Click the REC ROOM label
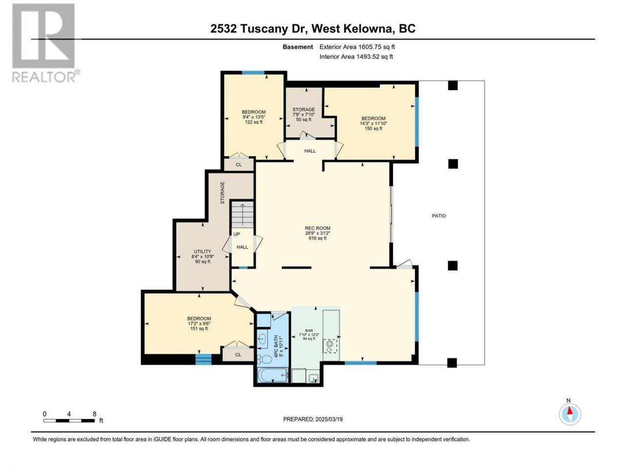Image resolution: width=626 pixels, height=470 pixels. point(317,228)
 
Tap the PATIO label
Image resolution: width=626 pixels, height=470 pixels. point(439,216)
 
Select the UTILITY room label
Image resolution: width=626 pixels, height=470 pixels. point(202,252)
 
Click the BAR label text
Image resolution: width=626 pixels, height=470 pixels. point(309,330)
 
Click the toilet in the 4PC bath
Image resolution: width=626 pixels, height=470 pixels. point(264,359)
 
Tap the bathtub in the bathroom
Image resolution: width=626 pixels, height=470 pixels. point(272,375)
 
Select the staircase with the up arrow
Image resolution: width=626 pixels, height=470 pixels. point(242,214)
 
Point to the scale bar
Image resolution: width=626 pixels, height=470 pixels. point(69,421)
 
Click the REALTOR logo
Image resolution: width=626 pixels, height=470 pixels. point(45,43)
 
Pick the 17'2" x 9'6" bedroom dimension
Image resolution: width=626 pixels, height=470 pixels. point(199,323)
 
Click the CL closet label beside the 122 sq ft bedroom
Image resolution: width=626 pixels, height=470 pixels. point(239,164)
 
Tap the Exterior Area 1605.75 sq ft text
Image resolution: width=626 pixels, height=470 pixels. point(357,47)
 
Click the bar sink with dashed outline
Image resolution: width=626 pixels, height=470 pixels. point(330,346)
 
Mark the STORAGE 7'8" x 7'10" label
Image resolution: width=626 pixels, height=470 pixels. point(303,114)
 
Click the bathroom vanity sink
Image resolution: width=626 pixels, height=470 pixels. point(262,339)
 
